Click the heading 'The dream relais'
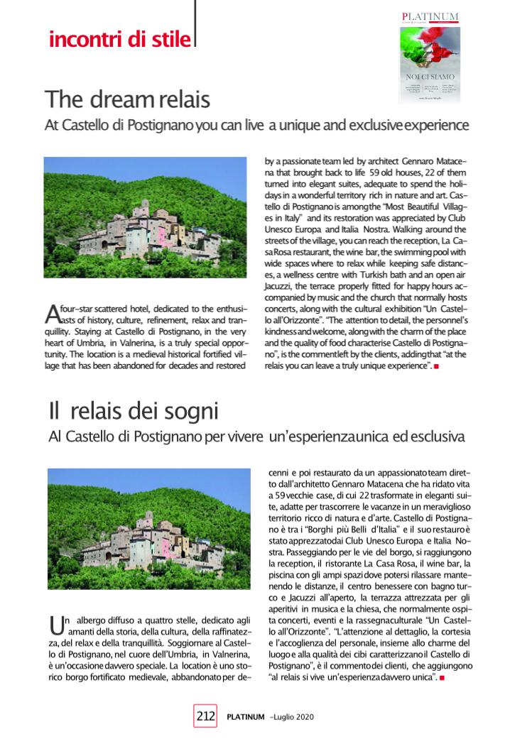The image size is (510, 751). pos(127,99)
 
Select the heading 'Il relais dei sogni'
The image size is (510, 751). pos(134,410)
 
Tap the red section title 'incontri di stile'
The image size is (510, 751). pos(119,38)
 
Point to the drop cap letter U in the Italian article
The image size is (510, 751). pos(55,625)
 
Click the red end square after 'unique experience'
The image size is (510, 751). pos(436,366)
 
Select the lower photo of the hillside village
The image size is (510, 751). pos(149,529)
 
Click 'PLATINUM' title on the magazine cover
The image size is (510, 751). pos(430,16)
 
